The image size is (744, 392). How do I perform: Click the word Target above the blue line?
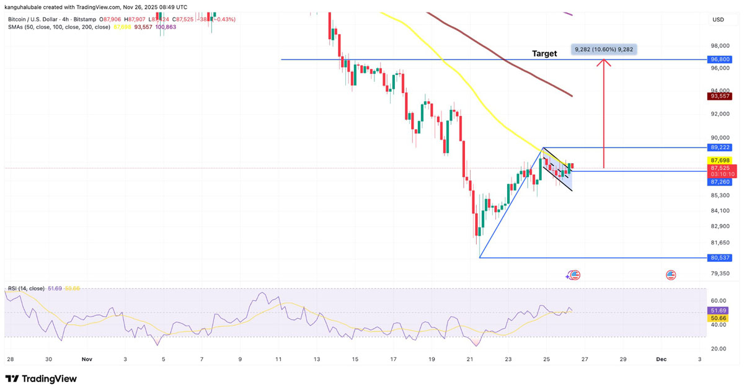544,54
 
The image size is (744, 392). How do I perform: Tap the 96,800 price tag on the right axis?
720,60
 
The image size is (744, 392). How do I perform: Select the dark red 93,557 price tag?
720,96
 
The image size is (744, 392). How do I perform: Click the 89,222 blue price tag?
720,148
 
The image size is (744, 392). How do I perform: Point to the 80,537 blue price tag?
720,257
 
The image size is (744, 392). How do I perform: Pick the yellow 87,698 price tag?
720,161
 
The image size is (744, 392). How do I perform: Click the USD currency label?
718,20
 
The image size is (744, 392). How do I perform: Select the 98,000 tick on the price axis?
720,46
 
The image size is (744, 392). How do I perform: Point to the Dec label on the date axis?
662,359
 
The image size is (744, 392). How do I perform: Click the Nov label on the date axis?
87,359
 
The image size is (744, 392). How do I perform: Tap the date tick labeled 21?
470,359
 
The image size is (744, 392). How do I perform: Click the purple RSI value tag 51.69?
719,310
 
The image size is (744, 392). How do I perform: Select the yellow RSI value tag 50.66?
719,318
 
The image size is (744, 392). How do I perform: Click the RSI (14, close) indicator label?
26,289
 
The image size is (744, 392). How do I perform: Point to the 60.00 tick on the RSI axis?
718,300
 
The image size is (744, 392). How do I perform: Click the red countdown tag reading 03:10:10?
720,175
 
